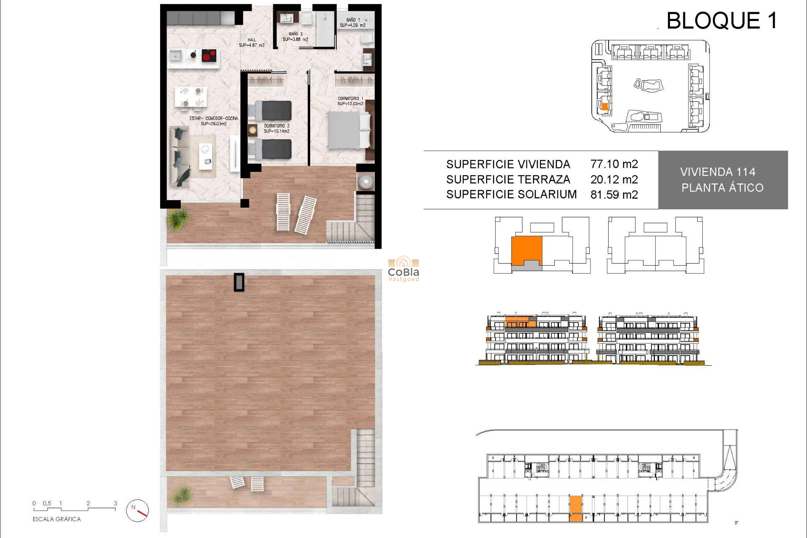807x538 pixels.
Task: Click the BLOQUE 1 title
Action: click(x=721, y=21)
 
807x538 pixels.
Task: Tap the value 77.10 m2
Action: click(x=614, y=164)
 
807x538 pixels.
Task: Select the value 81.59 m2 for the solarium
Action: click(x=614, y=195)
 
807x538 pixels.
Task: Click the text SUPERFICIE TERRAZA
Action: click(x=508, y=179)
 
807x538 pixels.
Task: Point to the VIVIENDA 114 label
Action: click(x=717, y=172)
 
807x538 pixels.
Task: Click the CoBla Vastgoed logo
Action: click(x=403, y=269)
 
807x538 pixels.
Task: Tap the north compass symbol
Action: click(x=137, y=511)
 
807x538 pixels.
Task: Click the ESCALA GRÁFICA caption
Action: click(x=56, y=519)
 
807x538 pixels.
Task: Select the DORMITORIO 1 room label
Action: click(x=350, y=101)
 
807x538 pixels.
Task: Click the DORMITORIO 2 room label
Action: click(x=277, y=128)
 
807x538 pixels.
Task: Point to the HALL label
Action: click(x=251, y=42)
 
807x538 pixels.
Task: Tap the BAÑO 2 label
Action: click(x=295, y=37)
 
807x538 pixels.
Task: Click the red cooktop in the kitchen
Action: click(x=209, y=55)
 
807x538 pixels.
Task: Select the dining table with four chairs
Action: click(x=191, y=96)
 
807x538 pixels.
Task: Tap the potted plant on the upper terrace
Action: click(x=178, y=219)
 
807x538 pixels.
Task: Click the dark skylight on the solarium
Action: click(x=239, y=282)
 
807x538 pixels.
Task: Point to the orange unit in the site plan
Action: click(x=605, y=107)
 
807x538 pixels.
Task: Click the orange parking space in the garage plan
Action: click(x=576, y=508)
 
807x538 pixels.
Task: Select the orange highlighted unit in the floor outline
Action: click(x=526, y=251)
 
